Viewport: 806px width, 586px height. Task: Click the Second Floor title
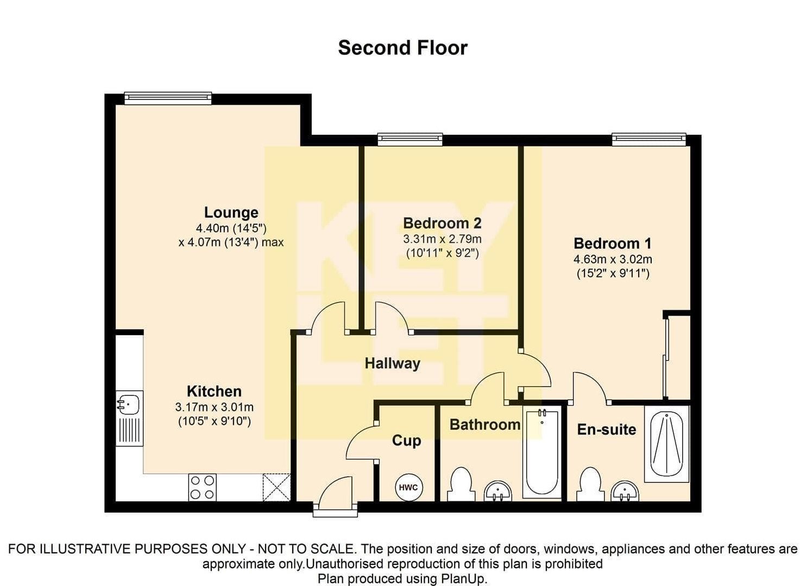[402, 48]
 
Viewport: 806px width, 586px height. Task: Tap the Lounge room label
[231, 212]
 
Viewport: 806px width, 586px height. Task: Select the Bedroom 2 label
[442, 223]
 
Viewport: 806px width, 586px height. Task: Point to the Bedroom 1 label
[613, 243]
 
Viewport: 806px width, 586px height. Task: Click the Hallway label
[393, 363]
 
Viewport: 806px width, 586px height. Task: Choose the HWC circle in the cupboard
[409, 488]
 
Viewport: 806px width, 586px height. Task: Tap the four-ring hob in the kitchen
[202, 488]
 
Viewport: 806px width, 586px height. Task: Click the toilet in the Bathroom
[461, 484]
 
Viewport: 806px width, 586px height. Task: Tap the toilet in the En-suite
[590, 484]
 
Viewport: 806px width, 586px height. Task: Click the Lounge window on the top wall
[168, 98]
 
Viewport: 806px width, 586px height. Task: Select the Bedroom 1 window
[649, 139]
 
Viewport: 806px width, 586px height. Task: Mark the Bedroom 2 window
[410, 139]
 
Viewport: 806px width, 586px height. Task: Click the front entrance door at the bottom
[335, 498]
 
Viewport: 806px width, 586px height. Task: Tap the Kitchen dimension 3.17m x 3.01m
[215, 407]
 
